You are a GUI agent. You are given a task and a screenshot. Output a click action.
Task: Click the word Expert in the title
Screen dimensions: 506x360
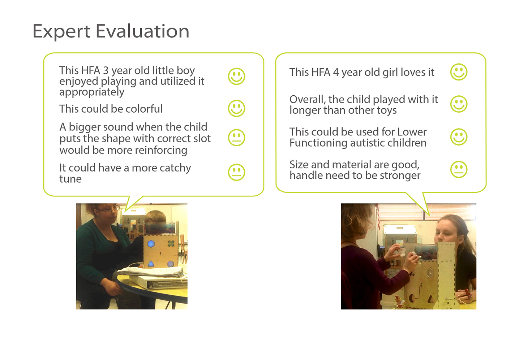pyautogui.click(x=61, y=32)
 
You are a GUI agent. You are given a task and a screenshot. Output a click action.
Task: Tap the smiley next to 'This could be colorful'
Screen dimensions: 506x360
pyautogui.click(x=236, y=108)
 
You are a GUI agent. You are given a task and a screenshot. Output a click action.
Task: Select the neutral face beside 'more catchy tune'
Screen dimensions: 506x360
pyautogui.click(x=236, y=172)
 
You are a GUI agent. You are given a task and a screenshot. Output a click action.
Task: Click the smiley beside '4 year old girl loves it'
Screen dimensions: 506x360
pyautogui.click(x=459, y=72)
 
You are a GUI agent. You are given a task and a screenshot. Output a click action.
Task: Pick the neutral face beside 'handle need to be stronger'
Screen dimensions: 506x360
pyautogui.click(x=459, y=169)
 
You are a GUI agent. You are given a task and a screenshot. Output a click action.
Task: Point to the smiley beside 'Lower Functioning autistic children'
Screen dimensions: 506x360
pyautogui.click(x=459, y=137)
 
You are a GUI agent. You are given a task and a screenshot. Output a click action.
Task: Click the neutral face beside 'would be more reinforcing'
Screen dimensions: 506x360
pyautogui.click(x=236, y=138)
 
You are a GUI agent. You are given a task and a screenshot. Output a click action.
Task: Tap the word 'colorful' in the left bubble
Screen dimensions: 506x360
pyautogui.click(x=144, y=109)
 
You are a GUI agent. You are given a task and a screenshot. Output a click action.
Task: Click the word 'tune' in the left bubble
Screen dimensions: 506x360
pyautogui.click(x=70, y=179)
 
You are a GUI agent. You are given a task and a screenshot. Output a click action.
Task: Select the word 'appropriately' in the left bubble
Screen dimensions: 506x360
pyautogui.click(x=92, y=92)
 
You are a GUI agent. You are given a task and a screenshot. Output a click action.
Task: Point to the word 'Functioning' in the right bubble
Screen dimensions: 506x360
pyautogui.click(x=318, y=143)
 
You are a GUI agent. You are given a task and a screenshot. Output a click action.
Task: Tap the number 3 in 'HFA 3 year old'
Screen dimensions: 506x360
pyautogui.click(x=106, y=71)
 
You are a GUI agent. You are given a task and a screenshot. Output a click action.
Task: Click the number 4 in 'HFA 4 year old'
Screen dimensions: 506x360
pyautogui.click(x=336, y=72)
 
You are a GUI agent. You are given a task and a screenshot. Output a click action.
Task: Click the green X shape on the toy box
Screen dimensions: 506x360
pyautogui.click(x=171, y=243)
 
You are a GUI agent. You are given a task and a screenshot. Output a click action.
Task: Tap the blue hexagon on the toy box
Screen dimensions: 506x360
pyautogui.click(x=151, y=244)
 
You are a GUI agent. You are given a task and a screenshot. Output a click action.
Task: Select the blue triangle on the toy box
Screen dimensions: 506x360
pyautogui.click(x=151, y=263)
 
